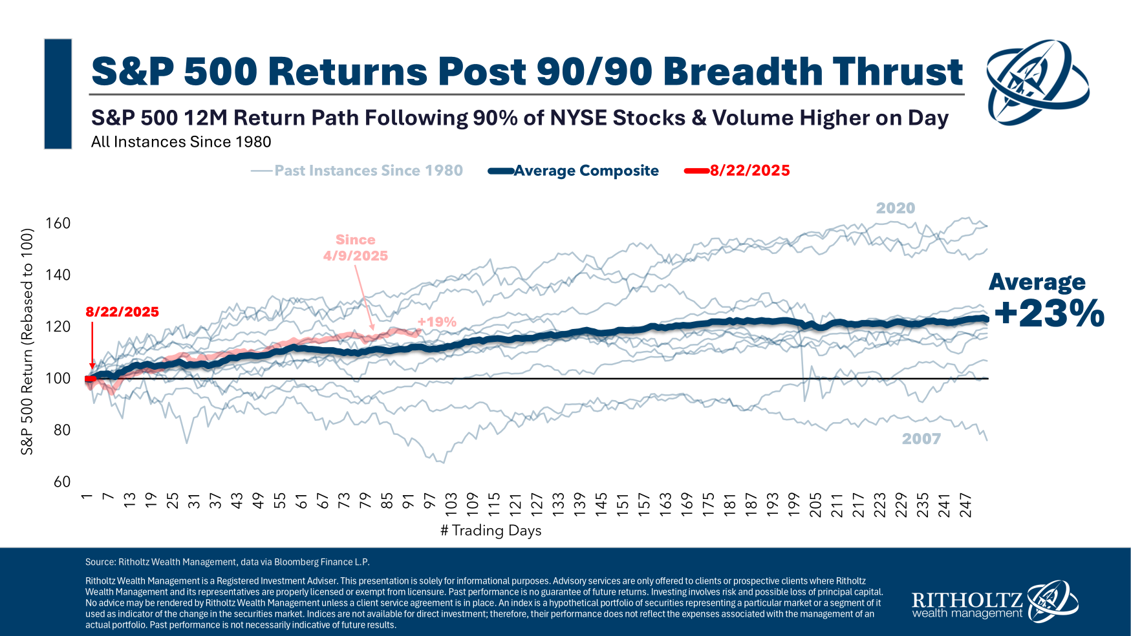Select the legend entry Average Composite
(x=586, y=171)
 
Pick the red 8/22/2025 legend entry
(x=749, y=171)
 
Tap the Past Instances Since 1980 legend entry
(x=368, y=171)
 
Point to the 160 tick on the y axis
(x=58, y=224)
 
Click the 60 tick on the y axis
(x=62, y=482)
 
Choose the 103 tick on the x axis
(x=451, y=502)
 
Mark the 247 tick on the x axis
(x=965, y=502)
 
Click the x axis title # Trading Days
(x=491, y=531)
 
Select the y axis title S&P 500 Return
(x=27, y=341)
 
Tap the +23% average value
(x=1049, y=314)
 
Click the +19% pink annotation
(x=436, y=322)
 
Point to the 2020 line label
(x=896, y=208)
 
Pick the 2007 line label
(x=921, y=439)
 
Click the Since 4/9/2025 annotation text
(x=356, y=248)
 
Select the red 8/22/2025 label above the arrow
(x=122, y=312)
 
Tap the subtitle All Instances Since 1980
(x=181, y=142)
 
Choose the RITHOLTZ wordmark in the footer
(x=967, y=599)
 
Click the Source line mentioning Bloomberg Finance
(x=228, y=562)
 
